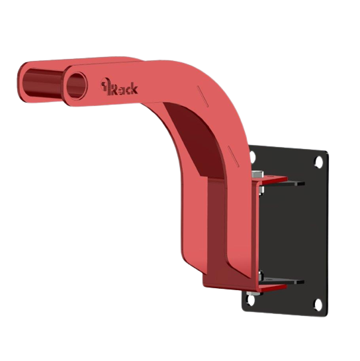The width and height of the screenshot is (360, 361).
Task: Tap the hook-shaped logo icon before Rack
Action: point(105,86)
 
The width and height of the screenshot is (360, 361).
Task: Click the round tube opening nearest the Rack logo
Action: point(77,86)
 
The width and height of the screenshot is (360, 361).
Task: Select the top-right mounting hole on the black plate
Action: point(319,160)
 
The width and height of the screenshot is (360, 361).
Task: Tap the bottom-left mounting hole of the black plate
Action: point(251,300)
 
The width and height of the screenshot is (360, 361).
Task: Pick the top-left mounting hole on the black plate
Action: point(252,156)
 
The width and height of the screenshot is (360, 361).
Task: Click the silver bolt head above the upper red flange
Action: point(257,174)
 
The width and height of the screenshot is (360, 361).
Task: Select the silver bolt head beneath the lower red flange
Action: point(253,293)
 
